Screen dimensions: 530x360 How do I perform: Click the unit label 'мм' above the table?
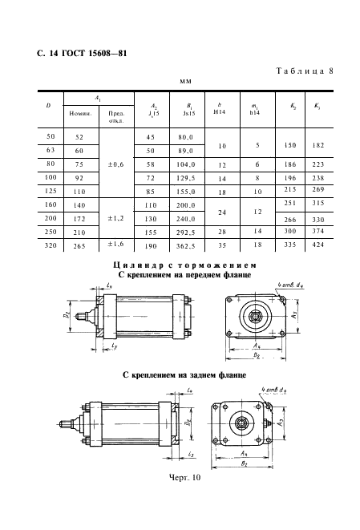184,81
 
